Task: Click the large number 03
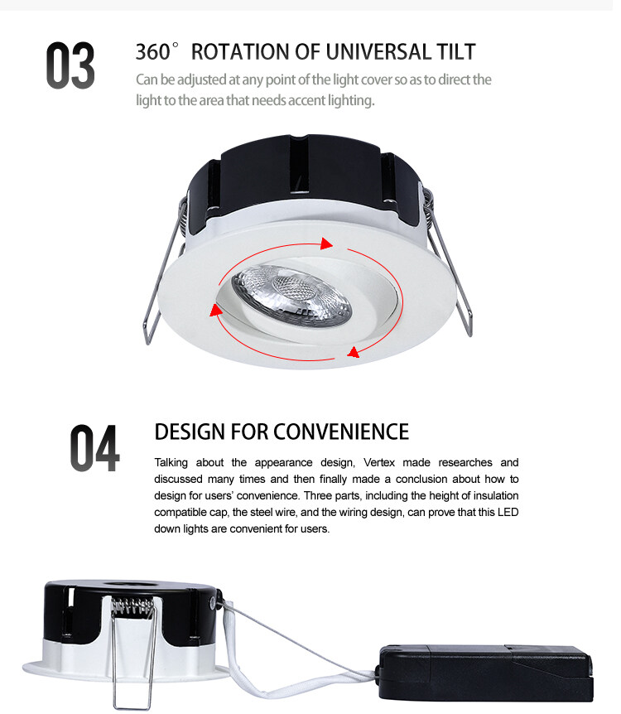pyautogui.click(x=70, y=65)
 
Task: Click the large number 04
pyautogui.click(x=94, y=448)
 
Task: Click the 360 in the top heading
pyautogui.click(x=153, y=52)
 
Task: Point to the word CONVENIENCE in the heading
pyautogui.click(x=341, y=432)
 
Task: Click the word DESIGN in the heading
pyautogui.click(x=190, y=432)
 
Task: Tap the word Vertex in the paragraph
pyautogui.click(x=379, y=463)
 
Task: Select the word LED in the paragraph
pyautogui.click(x=508, y=512)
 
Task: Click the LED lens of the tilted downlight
pyautogui.click(x=291, y=294)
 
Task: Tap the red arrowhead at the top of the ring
pyautogui.click(x=326, y=244)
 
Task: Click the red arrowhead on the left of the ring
pyautogui.click(x=216, y=310)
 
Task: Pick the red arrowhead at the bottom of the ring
pyautogui.click(x=354, y=352)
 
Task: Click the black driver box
pyautogui.click(x=486, y=673)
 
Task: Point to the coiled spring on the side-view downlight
pyautogui.click(x=133, y=606)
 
